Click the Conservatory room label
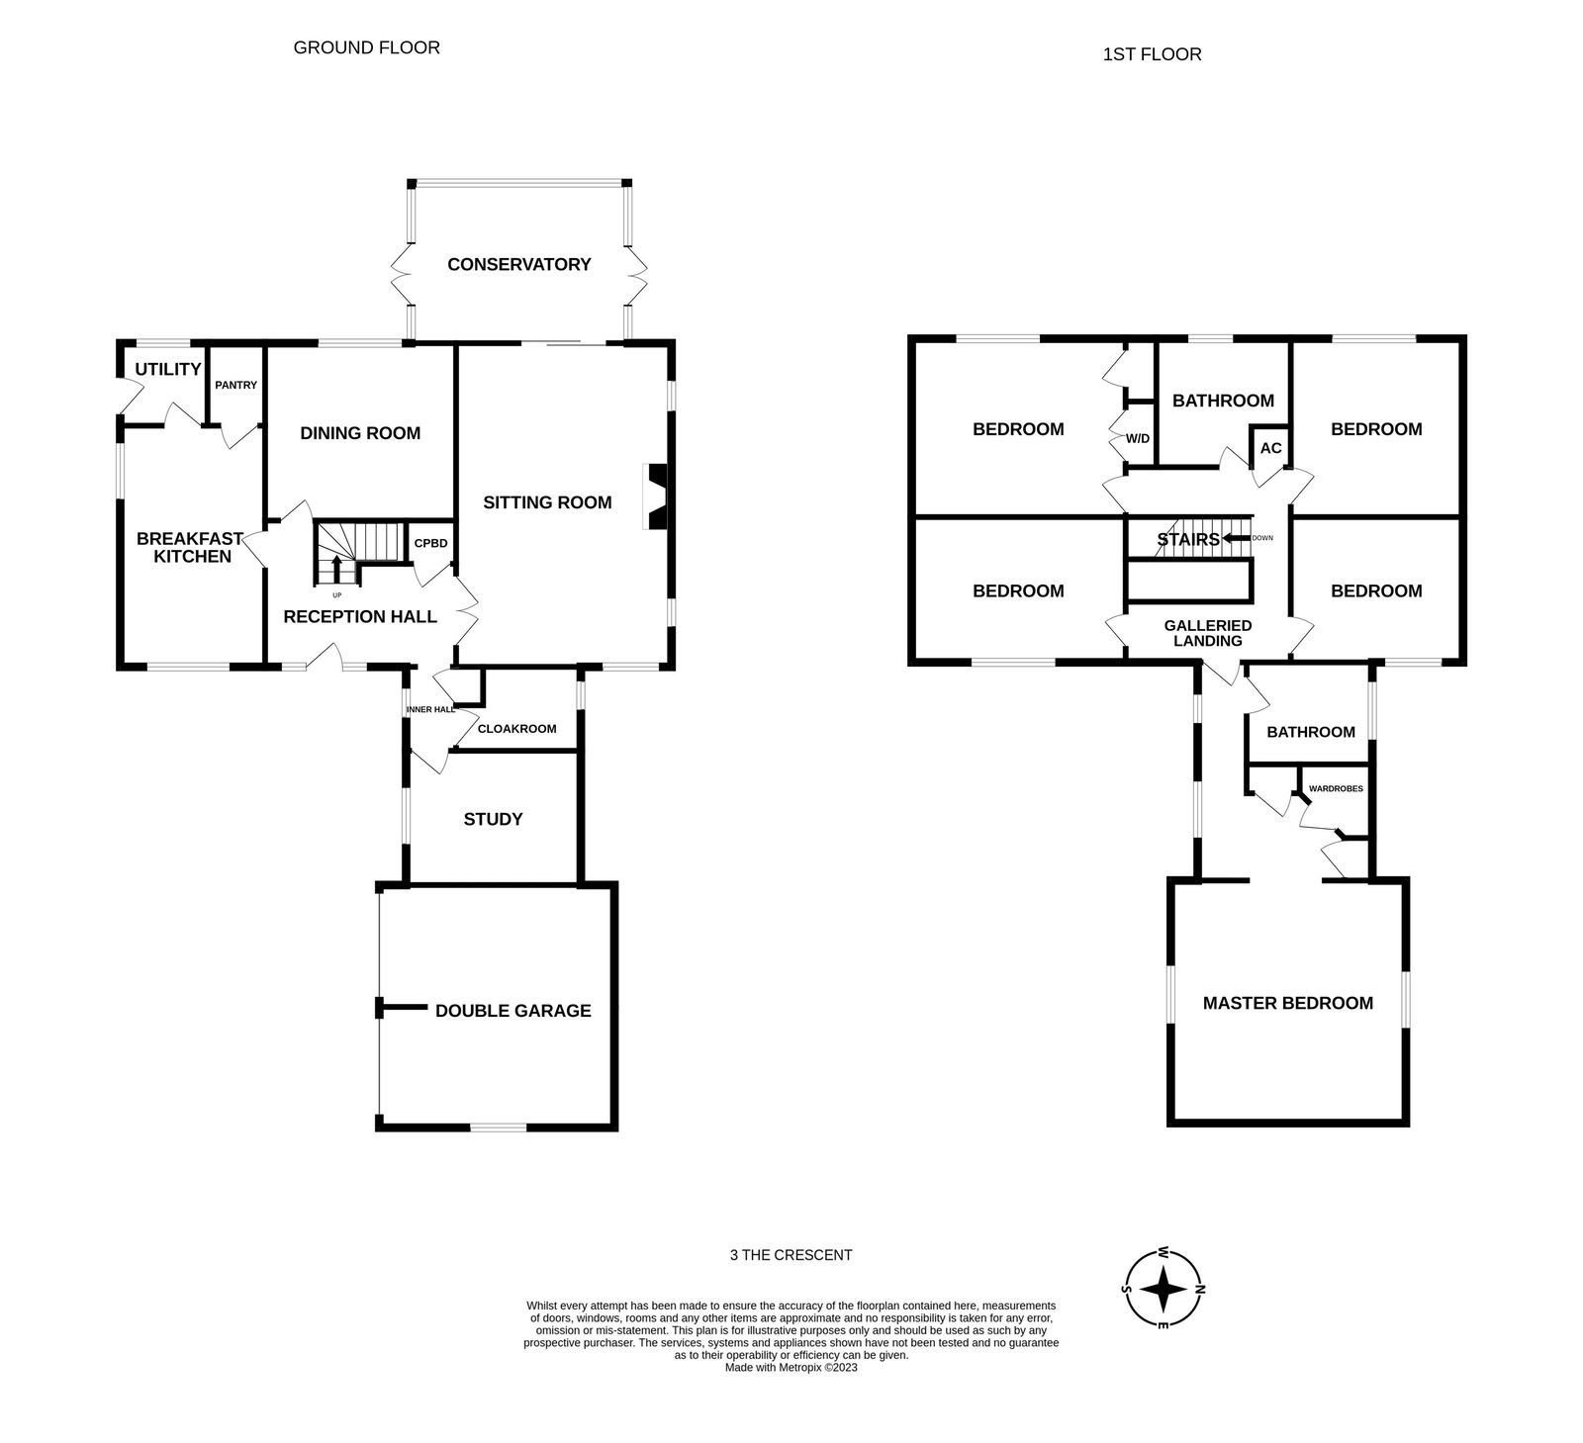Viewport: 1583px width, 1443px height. pos(518,264)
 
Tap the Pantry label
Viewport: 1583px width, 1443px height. pos(235,385)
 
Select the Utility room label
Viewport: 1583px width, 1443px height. pos(168,369)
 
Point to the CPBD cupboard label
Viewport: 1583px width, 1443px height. pos(430,543)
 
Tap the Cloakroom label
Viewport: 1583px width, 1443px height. pos(516,729)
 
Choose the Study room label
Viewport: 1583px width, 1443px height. pos(493,819)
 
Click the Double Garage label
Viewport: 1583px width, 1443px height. pos(513,1011)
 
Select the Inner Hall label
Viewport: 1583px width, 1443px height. pos(430,709)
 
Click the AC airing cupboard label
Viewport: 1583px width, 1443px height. pos(1271,448)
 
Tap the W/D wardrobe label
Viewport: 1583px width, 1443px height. pos(1138,438)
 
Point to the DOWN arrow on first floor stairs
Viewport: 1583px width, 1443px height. pos(1236,538)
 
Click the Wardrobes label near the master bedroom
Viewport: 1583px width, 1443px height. pos(1336,789)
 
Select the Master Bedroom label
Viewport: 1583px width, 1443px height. pos(1288,1003)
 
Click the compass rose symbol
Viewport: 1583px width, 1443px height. pos(1164,1289)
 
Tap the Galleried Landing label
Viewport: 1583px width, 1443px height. pos(1208,633)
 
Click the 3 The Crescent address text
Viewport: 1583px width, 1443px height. pos(791,1255)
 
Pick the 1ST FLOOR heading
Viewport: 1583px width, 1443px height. pos(1153,54)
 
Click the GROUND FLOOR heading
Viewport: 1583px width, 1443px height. pos(367,47)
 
